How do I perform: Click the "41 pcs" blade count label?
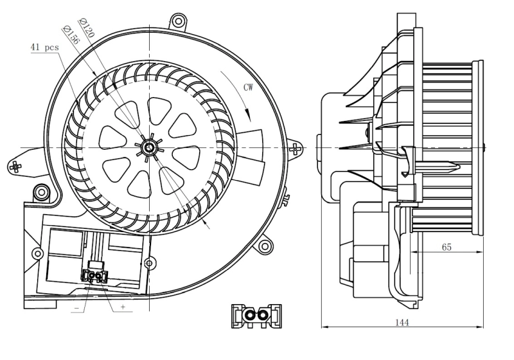(44, 48)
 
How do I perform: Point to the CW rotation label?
(251, 87)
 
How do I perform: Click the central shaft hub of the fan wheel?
(149, 148)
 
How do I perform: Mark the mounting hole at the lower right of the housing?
(265, 246)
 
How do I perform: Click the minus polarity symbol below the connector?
(76, 308)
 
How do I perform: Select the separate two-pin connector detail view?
(255, 314)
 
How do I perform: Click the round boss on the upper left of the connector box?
(42, 191)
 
